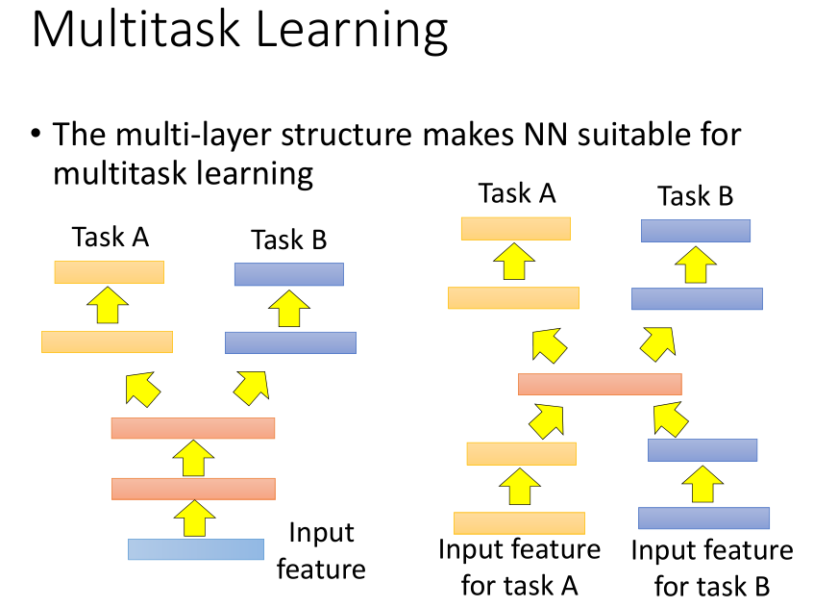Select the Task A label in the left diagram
(x=110, y=237)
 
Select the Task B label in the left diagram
(x=288, y=240)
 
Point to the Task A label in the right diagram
(x=517, y=193)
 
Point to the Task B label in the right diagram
(x=695, y=196)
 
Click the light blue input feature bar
(x=195, y=548)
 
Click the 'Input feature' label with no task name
(x=321, y=551)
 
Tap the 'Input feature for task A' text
(x=519, y=568)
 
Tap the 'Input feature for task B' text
(x=712, y=568)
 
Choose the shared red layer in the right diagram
(x=600, y=384)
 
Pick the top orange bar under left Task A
(x=109, y=272)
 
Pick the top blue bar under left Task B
(x=288, y=274)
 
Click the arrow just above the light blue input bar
(x=195, y=518)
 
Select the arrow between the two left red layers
(x=195, y=457)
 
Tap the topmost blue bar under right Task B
(x=695, y=230)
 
